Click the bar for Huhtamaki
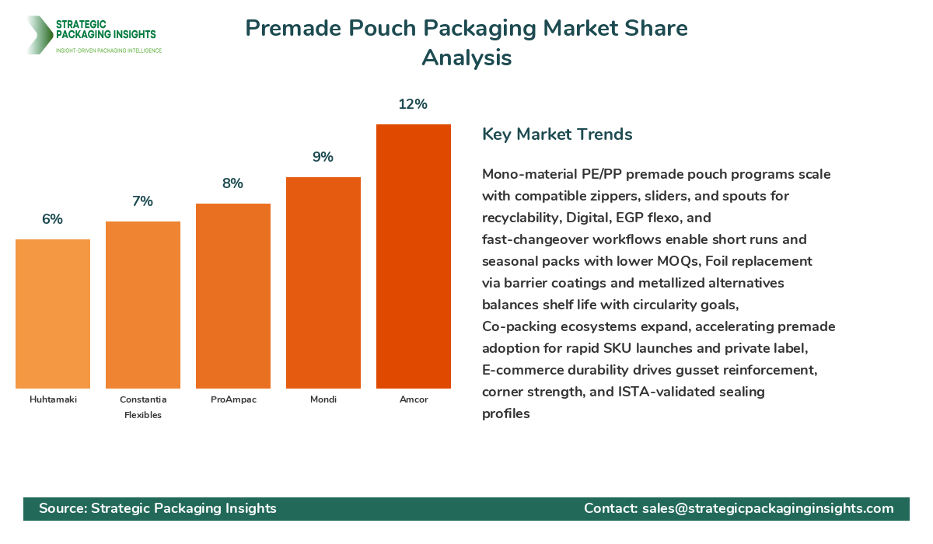[53, 314]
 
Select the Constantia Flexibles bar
[143, 305]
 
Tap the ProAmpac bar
[233, 296]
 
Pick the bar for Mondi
[323, 283]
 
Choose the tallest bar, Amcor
[414, 256]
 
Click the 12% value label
[413, 104]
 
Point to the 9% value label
[323, 157]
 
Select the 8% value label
[232, 183]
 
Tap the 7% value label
[142, 201]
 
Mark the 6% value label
[52, 219]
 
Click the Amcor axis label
[414, 399]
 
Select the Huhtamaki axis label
[53, 399]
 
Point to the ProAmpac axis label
[233, 399]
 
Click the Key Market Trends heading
[557, 134]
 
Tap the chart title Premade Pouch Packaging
[466, 29]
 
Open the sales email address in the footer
[767, 508]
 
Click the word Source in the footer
[61, 508]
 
